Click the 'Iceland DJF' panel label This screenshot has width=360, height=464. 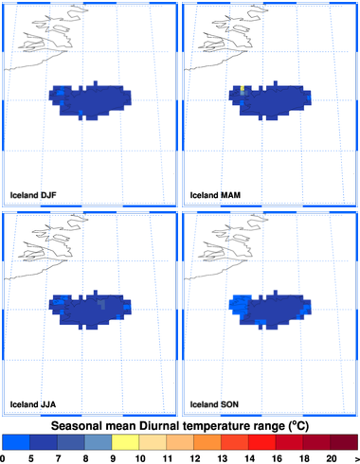pos(33,195)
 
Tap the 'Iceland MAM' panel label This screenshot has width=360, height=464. pos(215,195)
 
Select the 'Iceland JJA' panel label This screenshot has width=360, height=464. pos(33,404)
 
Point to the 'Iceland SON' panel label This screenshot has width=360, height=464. pos(214,404)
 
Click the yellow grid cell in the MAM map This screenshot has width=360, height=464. pos(243,88)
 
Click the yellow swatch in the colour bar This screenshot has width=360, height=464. pos(125,442)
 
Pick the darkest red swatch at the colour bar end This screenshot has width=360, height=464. pos(344,442)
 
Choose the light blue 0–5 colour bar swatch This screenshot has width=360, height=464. pos(16,442)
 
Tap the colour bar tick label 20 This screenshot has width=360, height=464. pos(332,458)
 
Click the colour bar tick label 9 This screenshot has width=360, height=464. pos(113,458)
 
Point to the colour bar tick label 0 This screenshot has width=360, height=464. pos(3,458)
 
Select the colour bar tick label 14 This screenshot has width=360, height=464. pos(249,458)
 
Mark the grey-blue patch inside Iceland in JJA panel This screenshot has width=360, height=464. pos(101,304)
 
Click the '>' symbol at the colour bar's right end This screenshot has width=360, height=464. pos(357,458)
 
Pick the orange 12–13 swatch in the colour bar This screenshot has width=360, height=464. pos(207,442)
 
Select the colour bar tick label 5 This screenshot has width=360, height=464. pos(31,458)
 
